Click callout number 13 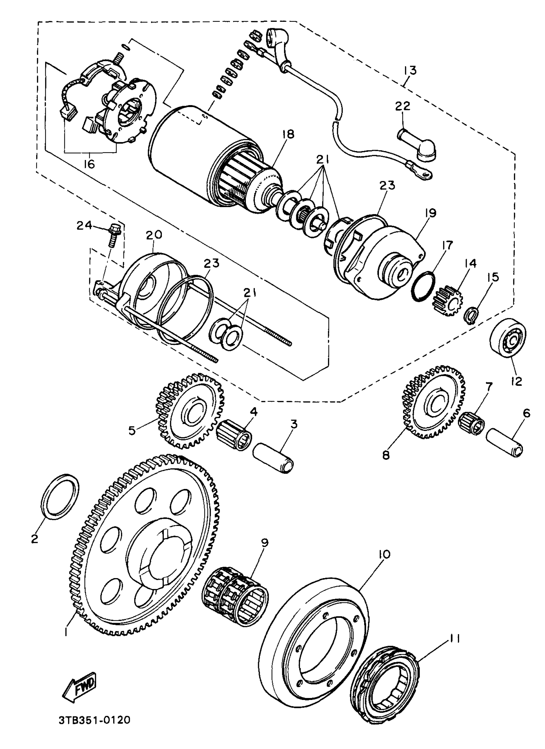click(409, 70)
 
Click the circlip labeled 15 click(473, 316)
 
